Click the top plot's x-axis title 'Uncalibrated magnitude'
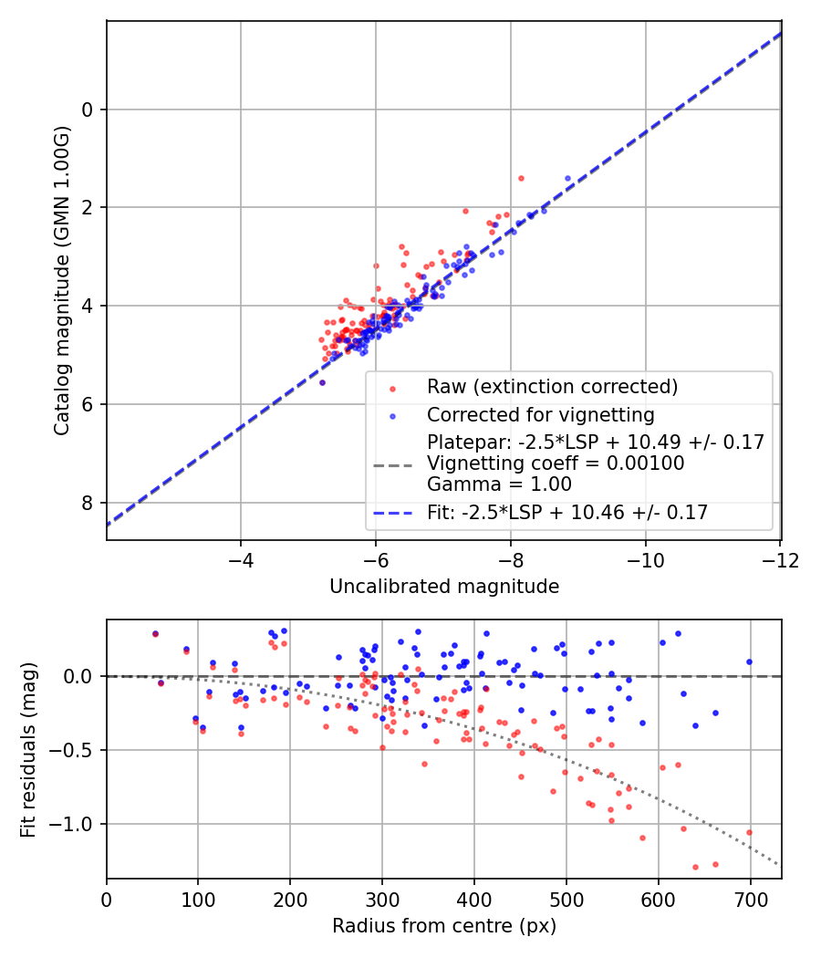444,587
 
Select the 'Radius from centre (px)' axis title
444,926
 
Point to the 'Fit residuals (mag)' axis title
27,748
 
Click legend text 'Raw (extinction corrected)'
552,387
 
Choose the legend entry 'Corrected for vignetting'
540,415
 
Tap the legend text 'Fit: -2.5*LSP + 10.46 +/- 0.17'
567,513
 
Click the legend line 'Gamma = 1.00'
499,484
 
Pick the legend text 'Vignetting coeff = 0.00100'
556,463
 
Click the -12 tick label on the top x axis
780,558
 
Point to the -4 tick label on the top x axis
241,558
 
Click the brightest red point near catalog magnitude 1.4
521,178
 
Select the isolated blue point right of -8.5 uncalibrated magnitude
567,179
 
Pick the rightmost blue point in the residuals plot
749,661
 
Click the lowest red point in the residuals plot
695,867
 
